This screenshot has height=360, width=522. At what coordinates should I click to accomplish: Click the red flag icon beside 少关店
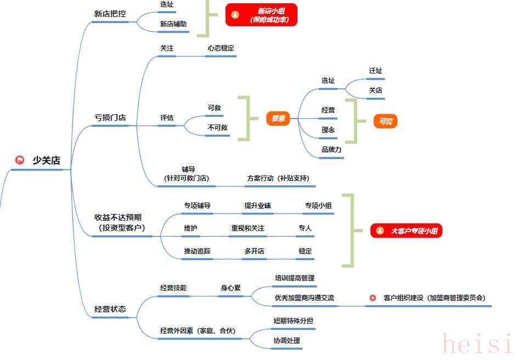coord(20,160)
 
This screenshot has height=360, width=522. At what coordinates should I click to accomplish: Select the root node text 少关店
coord(47,160)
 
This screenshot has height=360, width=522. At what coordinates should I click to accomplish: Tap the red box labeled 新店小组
coord(261,15)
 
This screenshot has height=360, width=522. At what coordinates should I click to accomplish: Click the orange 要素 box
coord(278,119)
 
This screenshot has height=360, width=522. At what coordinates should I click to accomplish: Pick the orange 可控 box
coord(385,121)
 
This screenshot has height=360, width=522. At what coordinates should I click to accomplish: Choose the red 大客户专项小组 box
coord(406,231)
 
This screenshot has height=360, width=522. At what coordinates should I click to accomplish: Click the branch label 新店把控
coord(110,14)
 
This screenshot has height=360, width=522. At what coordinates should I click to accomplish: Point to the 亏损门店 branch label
coord(110,117)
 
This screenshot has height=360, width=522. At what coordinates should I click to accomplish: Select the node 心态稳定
coord(221,48)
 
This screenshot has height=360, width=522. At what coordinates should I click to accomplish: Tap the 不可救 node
coord(217,127)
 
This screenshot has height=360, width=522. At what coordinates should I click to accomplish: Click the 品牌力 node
coord(332,150)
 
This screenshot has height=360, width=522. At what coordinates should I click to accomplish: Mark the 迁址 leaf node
coord(375,71)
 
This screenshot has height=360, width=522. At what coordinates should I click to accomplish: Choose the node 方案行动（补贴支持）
coord(278,178)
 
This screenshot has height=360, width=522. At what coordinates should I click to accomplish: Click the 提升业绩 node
coord(257,206)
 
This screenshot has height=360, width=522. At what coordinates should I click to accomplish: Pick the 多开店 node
coord(254,251)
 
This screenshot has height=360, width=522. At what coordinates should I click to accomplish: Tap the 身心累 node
coord(231,288)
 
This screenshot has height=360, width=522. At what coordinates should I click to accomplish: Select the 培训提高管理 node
coord(295,278)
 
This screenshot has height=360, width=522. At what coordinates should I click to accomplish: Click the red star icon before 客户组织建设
coord(373,298)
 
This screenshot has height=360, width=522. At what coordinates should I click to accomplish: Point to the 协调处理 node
coord(287,341)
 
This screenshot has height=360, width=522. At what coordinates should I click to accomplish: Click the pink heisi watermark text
coord(476,345)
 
